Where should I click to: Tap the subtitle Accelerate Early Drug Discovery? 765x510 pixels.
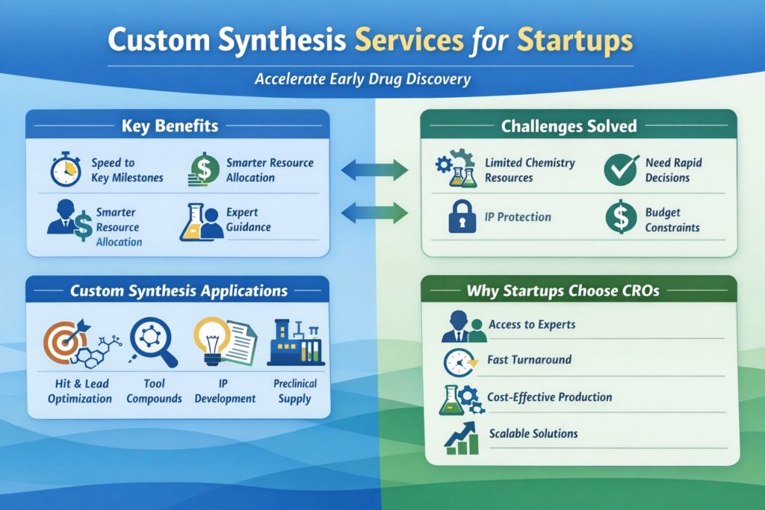point(363,79)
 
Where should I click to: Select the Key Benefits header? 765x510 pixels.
point(170,125)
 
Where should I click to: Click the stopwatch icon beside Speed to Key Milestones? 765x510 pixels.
point(66,170)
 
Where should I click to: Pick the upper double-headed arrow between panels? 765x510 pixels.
point(374,171)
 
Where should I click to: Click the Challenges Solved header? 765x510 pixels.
point(569,125)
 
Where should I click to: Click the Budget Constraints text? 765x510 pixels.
point(673,220)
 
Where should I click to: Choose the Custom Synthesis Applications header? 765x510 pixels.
point(179,290)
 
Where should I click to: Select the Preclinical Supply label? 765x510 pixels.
point(294,391)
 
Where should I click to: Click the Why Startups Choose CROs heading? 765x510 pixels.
point(563,290)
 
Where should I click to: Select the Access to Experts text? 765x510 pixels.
point(531,325)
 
